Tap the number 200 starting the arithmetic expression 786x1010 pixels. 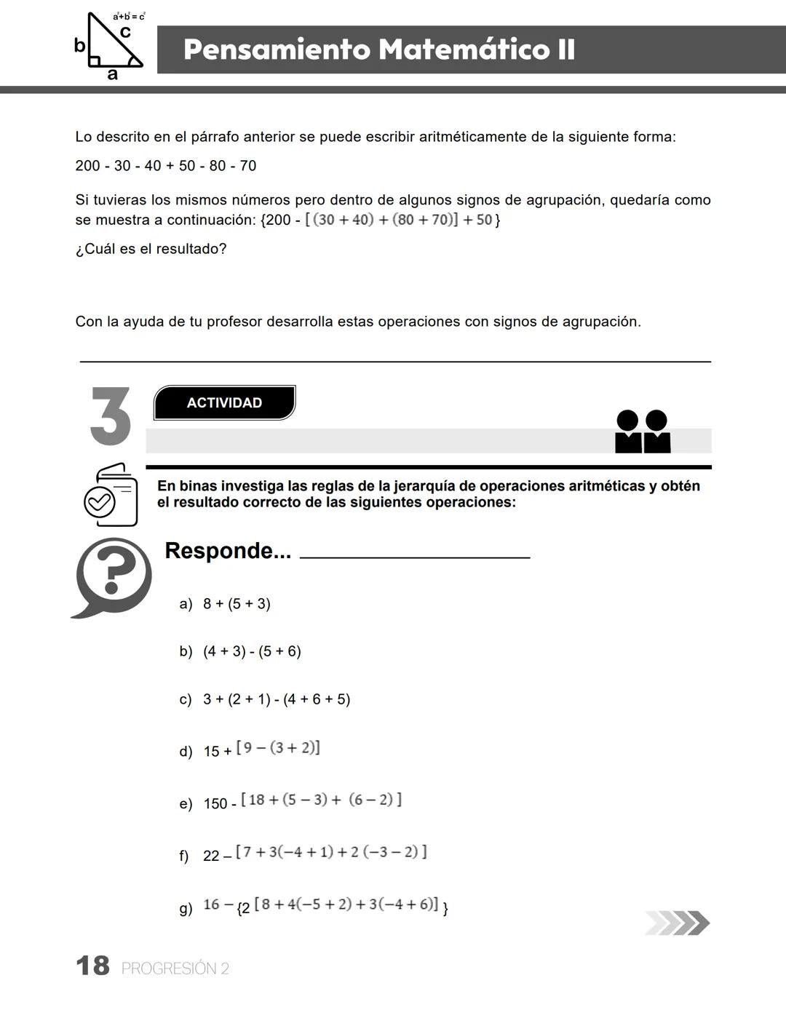tap(87, 166)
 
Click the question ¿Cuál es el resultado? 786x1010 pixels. tap(151, 249)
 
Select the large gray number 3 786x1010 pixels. tap(111, 416)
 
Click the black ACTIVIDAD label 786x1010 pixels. tap(224, 403)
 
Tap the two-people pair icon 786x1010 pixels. tap(643, 432)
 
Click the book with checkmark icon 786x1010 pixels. tap(111, 496)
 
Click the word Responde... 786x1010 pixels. tap(227, 551)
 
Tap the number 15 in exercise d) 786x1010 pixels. tap(211, 752)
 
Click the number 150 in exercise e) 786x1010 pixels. tap(215, 804)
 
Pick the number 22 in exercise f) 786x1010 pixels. tap(211, 856)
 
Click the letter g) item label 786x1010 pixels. tap(186, 908)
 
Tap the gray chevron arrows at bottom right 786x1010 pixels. tap(677, 923)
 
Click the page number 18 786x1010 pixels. tap(92, 966)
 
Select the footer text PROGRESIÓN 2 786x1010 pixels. tap(175, 969)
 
